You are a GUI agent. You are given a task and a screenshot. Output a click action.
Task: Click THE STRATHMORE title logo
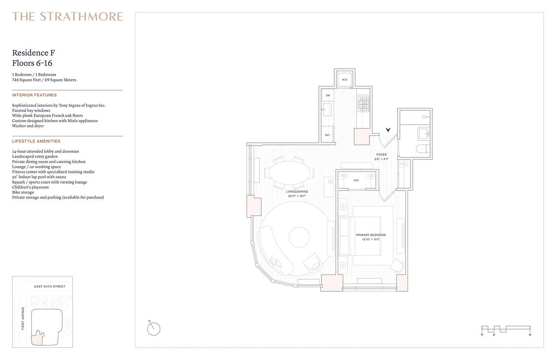click(x=67, y=17)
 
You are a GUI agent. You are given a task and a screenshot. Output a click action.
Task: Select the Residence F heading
click(x=34, y=53)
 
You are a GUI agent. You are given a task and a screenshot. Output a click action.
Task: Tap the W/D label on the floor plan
click(x=345, y=80)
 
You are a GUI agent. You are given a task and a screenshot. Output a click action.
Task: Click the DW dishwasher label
click(x=328, y=95)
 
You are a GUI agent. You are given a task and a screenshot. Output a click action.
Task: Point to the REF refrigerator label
click(x=328, y=135)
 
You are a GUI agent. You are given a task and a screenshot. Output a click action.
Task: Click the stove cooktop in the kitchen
click(x=363, y=104)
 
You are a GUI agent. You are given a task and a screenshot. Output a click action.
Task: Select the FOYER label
click(x=381, y=155)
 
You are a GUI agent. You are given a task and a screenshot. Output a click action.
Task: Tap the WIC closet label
click(x=356, y=180)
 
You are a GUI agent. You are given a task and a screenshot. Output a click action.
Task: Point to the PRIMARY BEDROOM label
click(x=371, y=235)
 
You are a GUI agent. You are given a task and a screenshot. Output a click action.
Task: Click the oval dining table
click(x=289, y=172)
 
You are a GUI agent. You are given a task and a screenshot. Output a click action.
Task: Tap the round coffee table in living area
click(x=298, y=237)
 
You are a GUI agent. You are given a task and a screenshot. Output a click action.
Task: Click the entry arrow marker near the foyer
click(x=388, y=130)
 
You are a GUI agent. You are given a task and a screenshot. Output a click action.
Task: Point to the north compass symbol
click(x=153, y=329)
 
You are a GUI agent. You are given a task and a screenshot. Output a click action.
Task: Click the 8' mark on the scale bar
click(x=530, y=335)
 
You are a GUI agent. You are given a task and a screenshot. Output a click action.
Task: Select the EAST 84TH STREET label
click(x=50, y=287)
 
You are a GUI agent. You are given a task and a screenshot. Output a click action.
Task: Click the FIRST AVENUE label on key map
click(x=23, y=318)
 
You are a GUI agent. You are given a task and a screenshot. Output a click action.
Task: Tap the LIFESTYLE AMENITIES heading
click(x=36, y=141)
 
